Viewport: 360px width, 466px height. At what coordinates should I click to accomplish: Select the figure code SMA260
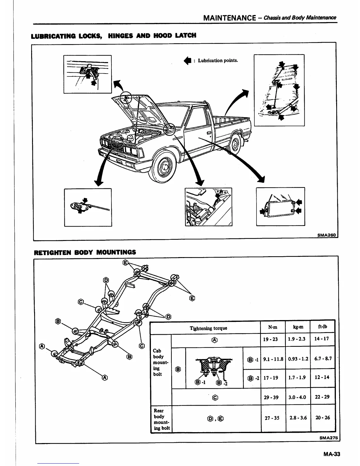(x=327, y=235)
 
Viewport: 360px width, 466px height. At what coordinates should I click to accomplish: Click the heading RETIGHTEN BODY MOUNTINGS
(x=85, y=252)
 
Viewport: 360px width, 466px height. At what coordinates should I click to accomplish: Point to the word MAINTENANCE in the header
(x=229, y=18)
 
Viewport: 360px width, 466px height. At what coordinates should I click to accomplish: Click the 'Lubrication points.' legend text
(x=218, y=61)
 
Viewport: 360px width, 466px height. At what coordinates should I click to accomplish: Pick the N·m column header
(x=273, y=327)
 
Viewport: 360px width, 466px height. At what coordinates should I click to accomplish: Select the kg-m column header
(x=298, y=327)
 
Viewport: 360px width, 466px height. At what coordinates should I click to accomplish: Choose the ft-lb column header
(x=322, y=327)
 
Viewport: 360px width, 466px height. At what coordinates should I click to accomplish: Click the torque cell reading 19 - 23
(x=271, y=339)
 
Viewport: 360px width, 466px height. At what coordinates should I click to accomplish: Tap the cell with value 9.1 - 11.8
(x=273, y=359)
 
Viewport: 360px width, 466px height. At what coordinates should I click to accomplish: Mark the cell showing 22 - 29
(x=322, y=397)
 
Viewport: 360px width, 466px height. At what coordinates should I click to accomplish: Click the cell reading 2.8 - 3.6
(x=298, y=418)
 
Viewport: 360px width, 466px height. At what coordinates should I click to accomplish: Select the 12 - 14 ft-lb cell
(x=322, y=378)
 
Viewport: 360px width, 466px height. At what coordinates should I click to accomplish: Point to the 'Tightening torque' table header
(x=208, y=328)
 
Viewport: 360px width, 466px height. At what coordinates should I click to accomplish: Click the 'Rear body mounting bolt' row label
(x=161, y=419)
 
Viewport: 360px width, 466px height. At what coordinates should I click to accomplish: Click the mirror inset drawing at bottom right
(x=280, y=207)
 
